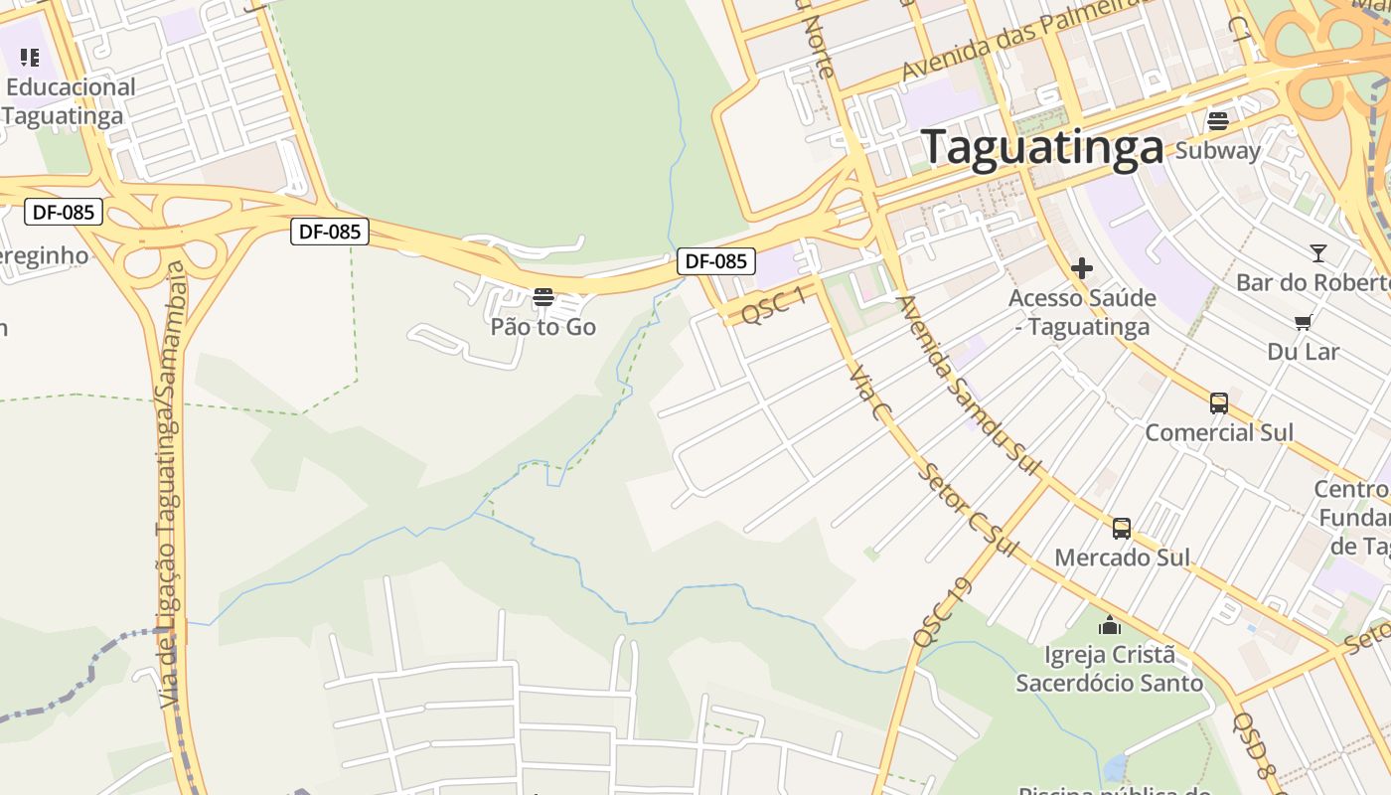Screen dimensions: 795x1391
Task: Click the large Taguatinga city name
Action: [x=1042, y=147]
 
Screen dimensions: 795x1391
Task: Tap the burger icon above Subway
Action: [x=1218, y=121]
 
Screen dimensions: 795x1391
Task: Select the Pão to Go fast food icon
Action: [x=542, y=296]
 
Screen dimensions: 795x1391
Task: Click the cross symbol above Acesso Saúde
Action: [x=1082, y=267]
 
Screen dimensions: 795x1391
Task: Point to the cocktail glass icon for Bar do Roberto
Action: [x=1317, y=252]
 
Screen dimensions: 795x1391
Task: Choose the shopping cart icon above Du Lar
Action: [x=1303, y=322]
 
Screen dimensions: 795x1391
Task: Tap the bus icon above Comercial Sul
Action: [x=1219, y=403]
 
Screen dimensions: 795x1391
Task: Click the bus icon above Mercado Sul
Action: [x=1122, y=528]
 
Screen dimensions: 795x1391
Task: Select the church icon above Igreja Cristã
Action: [x=1109, y=625]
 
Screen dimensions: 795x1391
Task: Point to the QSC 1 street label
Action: [x=773, y=305]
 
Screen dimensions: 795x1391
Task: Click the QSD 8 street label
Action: [x=1255, y=745]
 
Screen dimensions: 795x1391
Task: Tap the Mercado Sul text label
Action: [x=1122, y=557]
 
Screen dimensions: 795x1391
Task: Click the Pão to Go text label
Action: [x=542, y=326]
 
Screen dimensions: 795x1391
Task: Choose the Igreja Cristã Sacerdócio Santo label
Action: [x=1109, y=669]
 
